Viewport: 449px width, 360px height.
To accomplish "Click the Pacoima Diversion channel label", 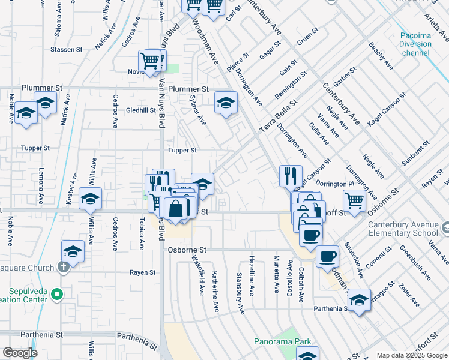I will point(415,44).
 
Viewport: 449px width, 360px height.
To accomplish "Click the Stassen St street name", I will point(66,49).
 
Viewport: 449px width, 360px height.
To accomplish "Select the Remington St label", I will point(291,85).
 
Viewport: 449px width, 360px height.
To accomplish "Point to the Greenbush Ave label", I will point(415,265).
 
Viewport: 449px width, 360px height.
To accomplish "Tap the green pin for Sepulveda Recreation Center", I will point(56,294).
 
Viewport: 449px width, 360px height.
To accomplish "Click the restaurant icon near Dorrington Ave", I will point(291,176).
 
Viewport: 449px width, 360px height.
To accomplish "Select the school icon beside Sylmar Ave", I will point(226,103).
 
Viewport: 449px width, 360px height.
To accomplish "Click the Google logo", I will point(20,353).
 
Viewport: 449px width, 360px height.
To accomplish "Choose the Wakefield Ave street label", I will point(199,275).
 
